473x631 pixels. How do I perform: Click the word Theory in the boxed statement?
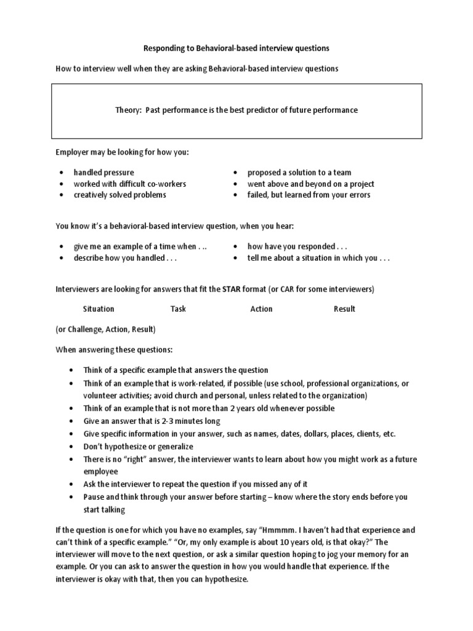point(127,110)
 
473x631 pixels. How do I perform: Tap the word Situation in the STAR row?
point(99,309)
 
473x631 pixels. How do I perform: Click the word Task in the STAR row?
point(179,309)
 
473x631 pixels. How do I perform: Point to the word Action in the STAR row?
point(261,309)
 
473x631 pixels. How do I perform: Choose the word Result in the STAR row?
point(344,309)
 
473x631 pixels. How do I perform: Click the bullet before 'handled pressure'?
point(62,173)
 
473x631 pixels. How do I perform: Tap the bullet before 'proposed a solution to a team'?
point(235,173)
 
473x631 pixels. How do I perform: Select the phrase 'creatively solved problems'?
point(119,195)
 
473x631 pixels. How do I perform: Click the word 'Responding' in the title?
point(165,47)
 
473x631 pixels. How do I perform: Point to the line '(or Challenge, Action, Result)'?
point(106,329)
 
